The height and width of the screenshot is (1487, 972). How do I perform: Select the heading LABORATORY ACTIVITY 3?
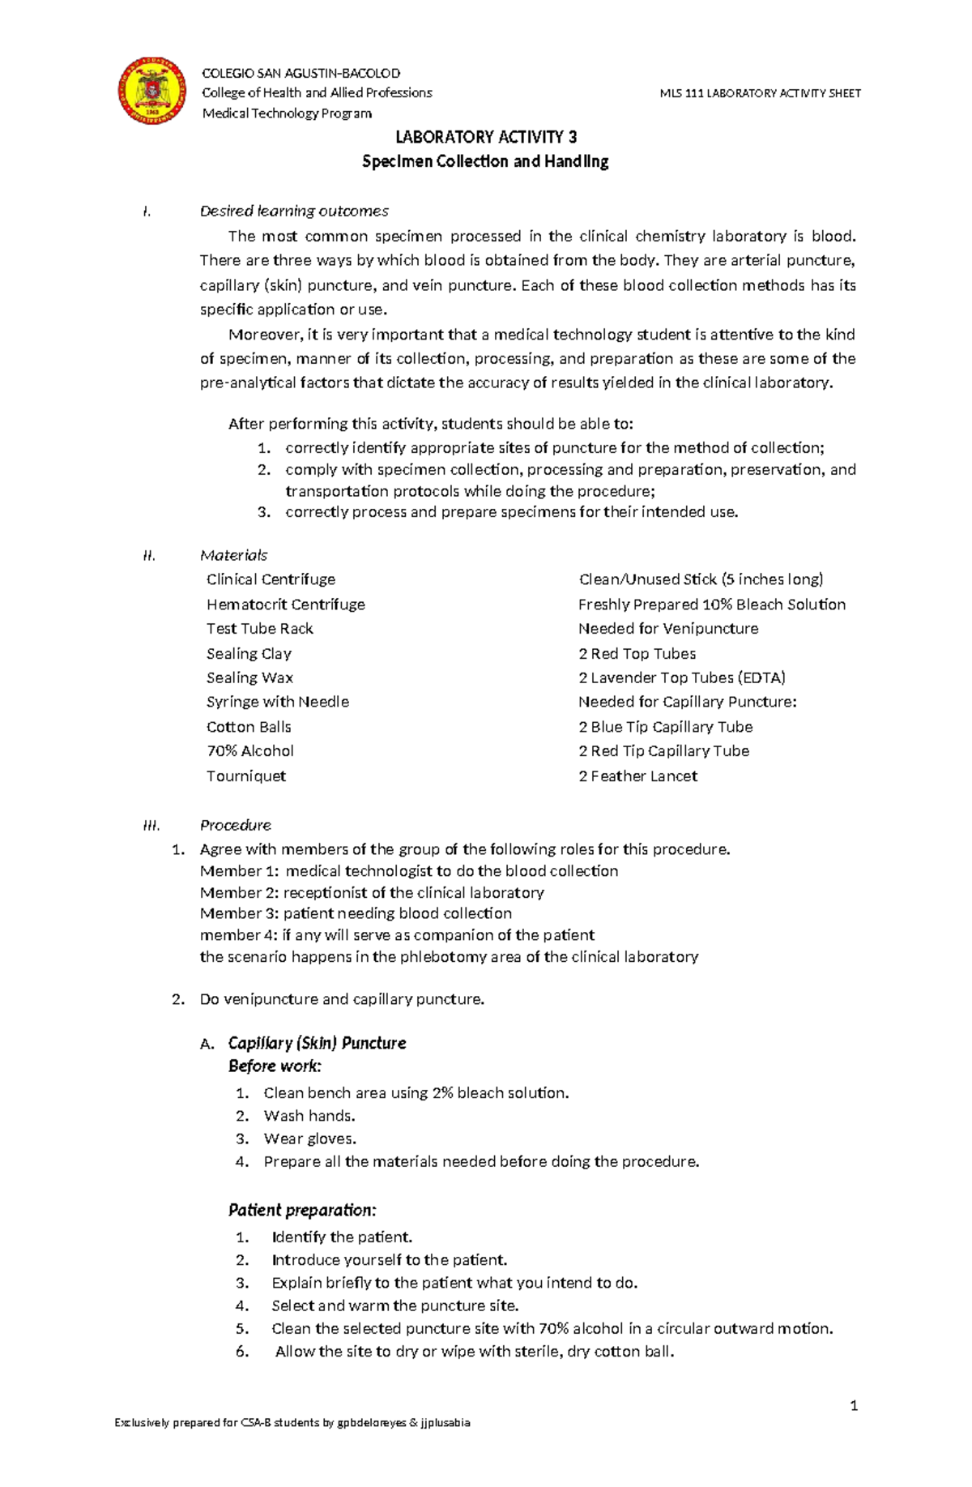(485, 137)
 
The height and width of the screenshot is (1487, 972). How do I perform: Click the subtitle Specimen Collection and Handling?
(485, 161)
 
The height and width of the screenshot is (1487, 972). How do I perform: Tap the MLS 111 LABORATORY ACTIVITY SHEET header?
(760, 93)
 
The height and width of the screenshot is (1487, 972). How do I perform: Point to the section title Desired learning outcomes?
(294, 211)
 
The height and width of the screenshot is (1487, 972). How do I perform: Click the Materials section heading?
(233, 555)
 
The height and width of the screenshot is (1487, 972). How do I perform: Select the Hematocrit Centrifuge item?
(285, 605)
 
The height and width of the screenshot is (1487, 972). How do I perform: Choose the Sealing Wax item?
(249, 677)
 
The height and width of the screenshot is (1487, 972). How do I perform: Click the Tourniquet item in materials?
(245, 776)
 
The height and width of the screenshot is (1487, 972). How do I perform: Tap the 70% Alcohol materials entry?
(249, 751)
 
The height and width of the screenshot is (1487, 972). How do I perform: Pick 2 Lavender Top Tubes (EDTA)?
(681, 677)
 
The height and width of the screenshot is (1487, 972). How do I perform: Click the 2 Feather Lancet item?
(637, 776)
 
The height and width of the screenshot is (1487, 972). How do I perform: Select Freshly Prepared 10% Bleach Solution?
(711, 605)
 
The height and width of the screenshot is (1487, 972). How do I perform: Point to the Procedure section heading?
(235, 825)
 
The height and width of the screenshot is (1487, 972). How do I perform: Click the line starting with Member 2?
(372, 892)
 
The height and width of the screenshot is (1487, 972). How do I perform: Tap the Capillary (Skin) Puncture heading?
(317, 1043)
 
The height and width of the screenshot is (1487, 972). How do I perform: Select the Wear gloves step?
(309, 1139)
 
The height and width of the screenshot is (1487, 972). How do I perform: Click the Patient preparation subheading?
(302, 1210)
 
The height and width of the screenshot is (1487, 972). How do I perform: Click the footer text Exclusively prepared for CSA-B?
(292, 1445)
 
